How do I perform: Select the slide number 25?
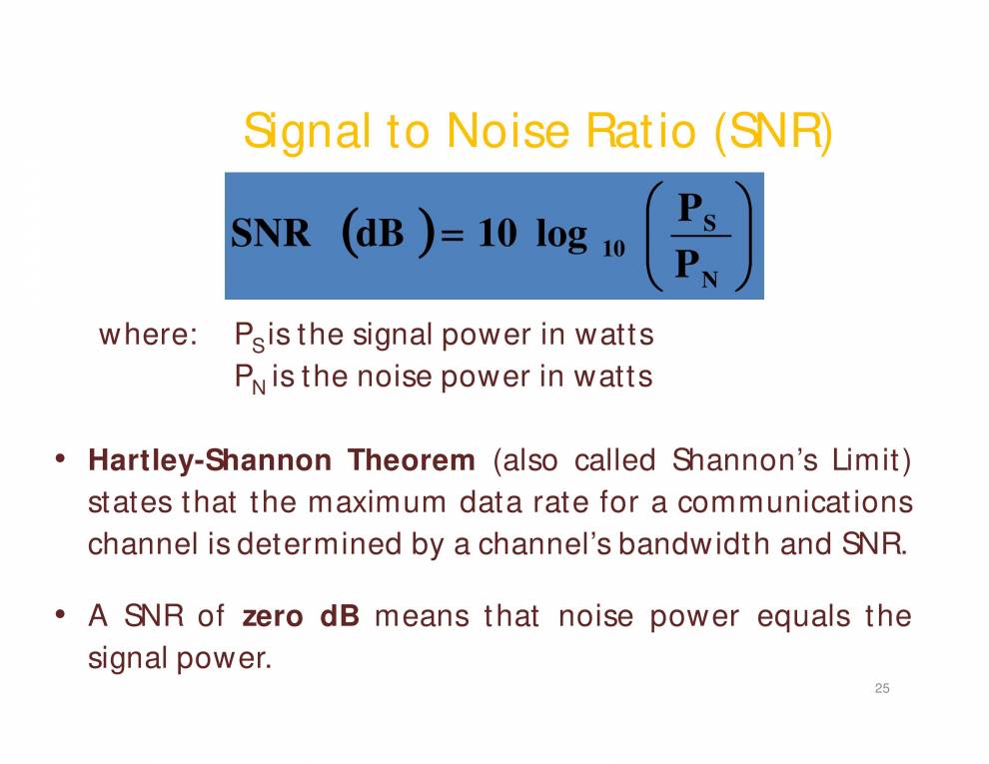881,688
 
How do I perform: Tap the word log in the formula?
561,235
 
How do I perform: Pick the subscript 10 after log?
613,249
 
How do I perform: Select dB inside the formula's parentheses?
380,235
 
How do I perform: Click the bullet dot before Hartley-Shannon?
61,459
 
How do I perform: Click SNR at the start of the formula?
271,235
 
